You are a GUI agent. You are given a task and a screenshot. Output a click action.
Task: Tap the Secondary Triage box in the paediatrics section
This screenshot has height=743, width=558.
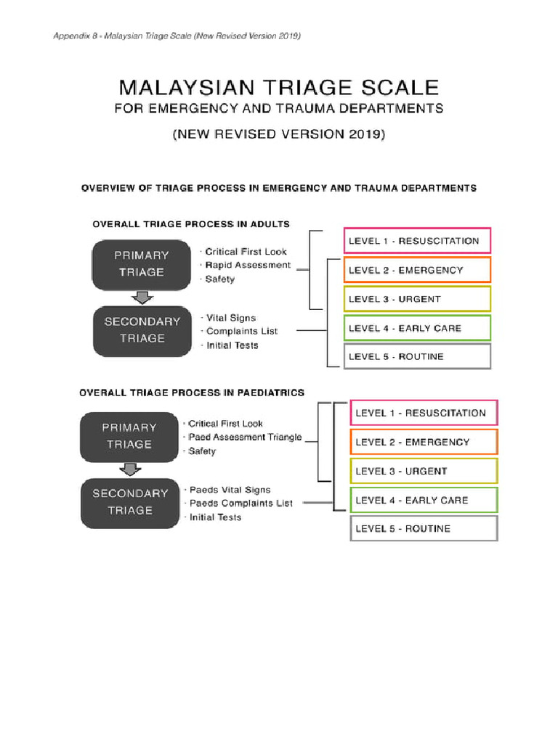pos(130,502)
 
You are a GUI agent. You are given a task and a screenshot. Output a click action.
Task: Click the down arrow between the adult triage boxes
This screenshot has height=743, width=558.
pos(143,298)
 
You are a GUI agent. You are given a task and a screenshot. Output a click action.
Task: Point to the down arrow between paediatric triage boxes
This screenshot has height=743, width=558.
pos(130,470)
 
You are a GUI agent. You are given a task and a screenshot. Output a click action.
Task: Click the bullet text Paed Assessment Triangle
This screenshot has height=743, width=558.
pos(244,438)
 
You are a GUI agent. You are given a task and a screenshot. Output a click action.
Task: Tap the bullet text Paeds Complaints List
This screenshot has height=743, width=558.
pos(240,503)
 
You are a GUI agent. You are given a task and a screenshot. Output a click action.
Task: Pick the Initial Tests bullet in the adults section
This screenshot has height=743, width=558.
pos(232,345)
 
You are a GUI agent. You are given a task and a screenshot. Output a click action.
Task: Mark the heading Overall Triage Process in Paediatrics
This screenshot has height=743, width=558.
pos(192,393)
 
